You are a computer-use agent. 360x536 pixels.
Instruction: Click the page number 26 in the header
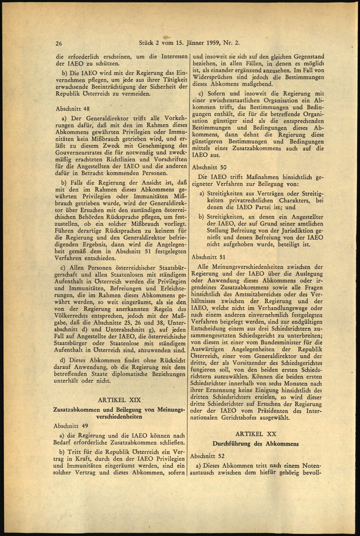coord(58,44)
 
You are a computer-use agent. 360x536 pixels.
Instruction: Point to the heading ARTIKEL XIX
coord(120,400)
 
